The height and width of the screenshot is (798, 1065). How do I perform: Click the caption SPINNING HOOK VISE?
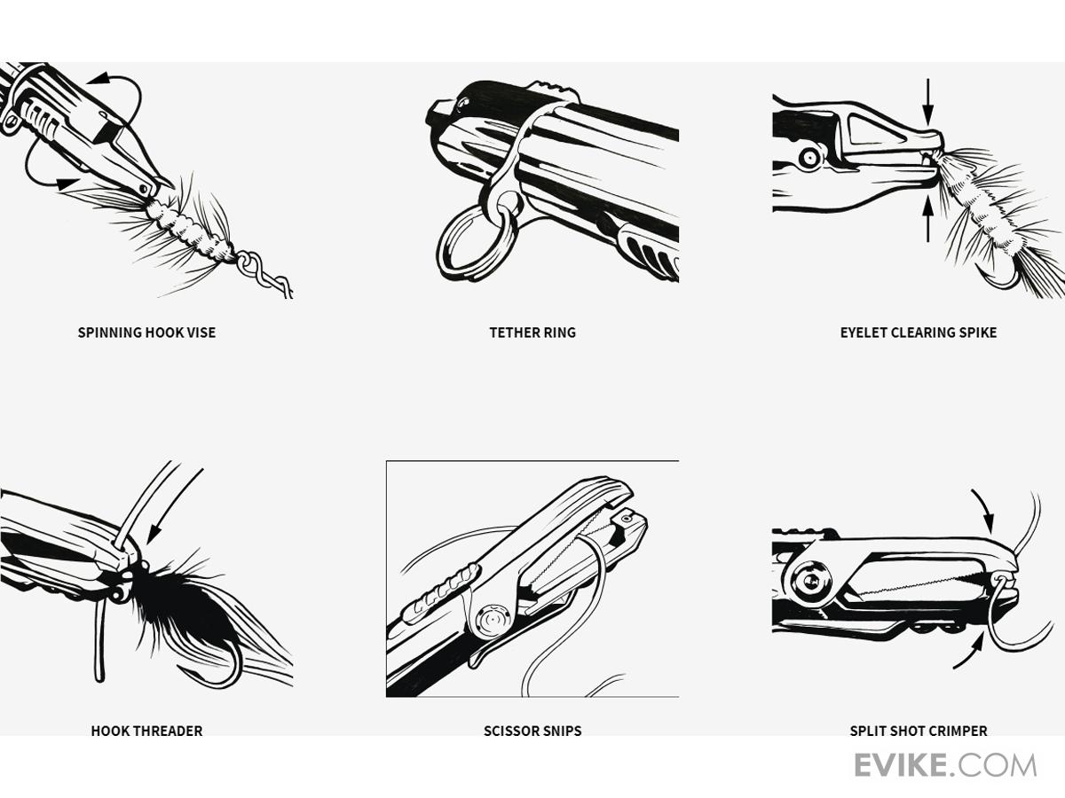point(146,332)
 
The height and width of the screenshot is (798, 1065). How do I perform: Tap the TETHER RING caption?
point(532,332)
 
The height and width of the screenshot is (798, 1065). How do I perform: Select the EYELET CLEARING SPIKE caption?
point(919,332)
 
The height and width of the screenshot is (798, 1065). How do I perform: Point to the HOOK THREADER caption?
point(146,731)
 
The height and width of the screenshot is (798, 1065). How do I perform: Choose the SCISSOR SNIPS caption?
point(532,731)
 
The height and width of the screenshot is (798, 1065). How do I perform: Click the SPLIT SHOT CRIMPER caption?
point(919,731)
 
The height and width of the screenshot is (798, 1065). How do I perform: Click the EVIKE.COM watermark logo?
point(945,766)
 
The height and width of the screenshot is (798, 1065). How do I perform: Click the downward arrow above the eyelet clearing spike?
point(927,102)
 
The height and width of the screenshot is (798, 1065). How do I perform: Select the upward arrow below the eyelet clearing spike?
point(927,218)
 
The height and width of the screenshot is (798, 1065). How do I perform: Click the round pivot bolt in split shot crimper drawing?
point(809,582)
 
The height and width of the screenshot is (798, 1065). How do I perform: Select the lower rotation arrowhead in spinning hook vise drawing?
point(67,184)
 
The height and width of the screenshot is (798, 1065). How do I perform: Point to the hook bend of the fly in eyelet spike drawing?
point(999,280)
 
